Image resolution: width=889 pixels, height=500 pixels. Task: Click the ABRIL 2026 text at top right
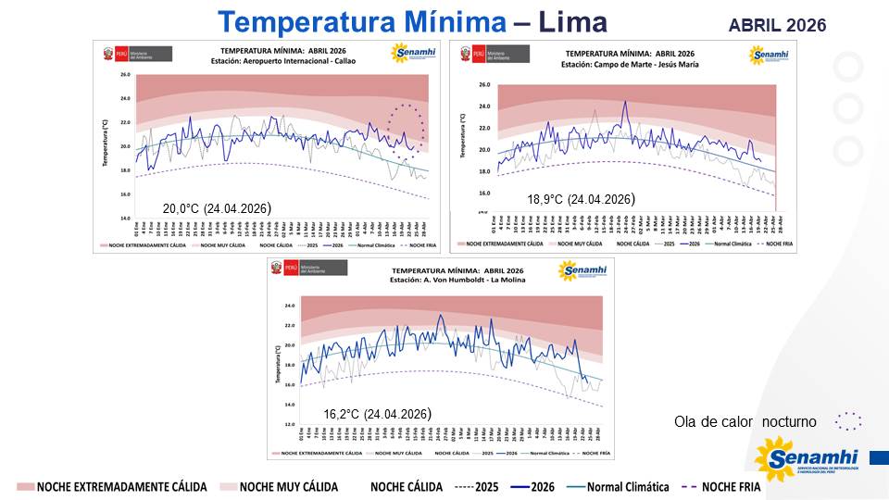point(777,25)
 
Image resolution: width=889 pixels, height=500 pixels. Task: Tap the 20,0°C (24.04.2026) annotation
point(217,207)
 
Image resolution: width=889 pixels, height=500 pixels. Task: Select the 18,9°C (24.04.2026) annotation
point(580,199)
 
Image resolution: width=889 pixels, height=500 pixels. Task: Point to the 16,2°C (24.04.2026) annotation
point(377,414)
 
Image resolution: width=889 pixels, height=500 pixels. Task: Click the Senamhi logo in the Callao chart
point(413,54)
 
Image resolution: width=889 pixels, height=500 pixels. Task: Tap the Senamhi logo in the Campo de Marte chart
point(767,54)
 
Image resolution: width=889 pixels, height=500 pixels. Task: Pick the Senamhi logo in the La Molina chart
point(581,270)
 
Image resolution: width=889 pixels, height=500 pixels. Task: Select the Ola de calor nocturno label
point(745,422)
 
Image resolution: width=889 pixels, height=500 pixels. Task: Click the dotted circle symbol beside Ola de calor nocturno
point(847,422)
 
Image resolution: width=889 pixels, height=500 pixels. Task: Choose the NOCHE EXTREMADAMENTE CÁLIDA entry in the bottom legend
point(111,487)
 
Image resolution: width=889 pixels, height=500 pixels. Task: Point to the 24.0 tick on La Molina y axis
point(288,306)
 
